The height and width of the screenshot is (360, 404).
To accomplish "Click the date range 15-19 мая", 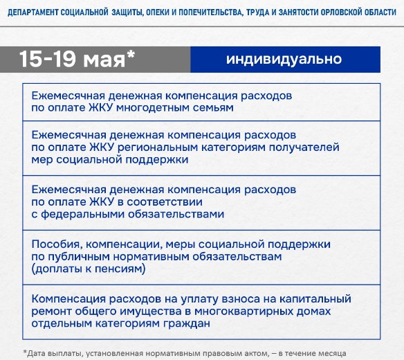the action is pos(73,60).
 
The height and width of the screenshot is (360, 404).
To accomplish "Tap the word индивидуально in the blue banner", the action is pos(284,59).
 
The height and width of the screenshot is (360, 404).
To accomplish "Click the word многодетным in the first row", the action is pos(153,108).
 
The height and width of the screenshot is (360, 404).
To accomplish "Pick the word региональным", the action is pos(158,147).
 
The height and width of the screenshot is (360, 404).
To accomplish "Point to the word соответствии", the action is pos(165,202).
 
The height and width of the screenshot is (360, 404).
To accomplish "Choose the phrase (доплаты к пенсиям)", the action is pos(89,269).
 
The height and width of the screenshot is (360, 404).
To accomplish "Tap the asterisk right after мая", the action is pos(131,54).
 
